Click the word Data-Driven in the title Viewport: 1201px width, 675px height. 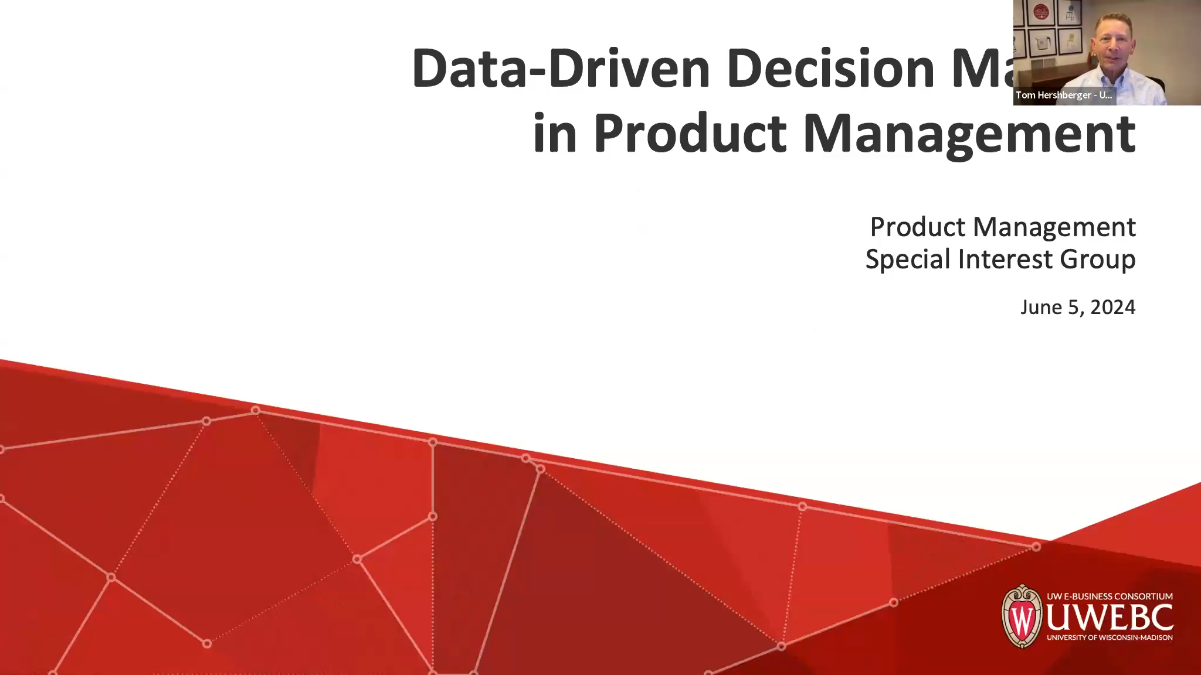click(x=561, y=69)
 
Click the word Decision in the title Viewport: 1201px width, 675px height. click(x=830, y=69)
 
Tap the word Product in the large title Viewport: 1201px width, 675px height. click(x=690, y=134)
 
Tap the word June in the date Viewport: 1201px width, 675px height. click(x=1041, y=307)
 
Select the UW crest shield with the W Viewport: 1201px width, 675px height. click(x=1022, y=616)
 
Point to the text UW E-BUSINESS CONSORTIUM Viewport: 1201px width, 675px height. click(x=1110, y=596)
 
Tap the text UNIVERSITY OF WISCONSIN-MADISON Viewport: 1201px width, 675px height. click(x=1110, y=637)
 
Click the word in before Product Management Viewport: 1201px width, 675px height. click(x=555, y=134)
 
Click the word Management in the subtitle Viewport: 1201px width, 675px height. click(x=1054, y=227)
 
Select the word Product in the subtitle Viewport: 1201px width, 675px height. click(x=918, y=227)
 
